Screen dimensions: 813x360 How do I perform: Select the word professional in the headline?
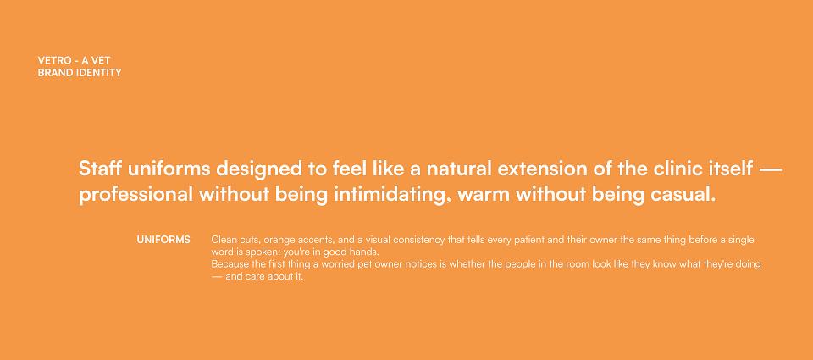click(135, 195)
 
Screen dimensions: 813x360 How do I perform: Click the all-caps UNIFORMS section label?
click(163, 240)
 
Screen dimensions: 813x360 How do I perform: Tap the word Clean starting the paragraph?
click(224, 240)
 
